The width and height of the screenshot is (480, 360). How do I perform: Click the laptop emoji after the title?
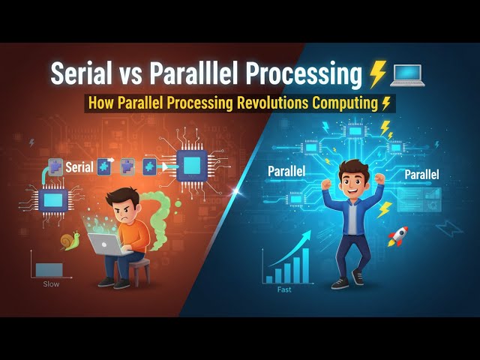pos(406,74)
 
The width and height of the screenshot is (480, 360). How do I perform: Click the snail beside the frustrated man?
pos(71,242)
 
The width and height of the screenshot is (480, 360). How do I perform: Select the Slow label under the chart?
pos(52,284)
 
